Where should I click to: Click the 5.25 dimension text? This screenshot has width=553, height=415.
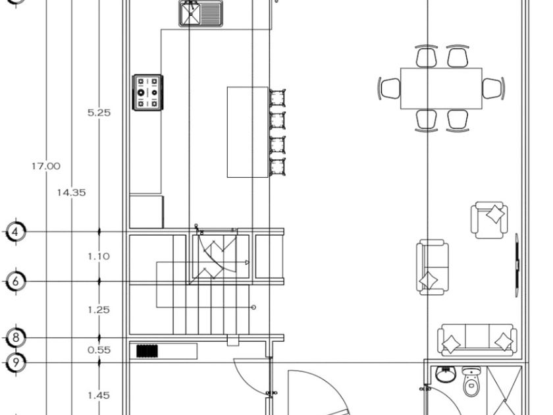(99, 113)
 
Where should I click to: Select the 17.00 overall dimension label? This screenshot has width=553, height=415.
(45, 166)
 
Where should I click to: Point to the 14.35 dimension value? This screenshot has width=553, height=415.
(70, 192)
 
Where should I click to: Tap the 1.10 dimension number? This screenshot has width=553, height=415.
(99, 256)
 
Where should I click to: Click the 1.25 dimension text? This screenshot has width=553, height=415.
(99, 310)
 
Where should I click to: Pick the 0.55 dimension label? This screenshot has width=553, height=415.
(99, 350)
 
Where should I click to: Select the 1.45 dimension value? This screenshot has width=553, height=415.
(99, 395)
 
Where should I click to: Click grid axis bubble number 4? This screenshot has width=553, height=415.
(16, 232)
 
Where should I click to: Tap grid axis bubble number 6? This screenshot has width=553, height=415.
(16, 282)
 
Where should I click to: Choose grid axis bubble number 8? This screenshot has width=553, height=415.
(16, 339)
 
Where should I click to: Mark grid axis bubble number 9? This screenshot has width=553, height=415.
(16, 362)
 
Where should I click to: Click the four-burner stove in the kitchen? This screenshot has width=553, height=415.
(147, 93)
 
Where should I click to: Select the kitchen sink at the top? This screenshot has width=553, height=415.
(201, 13)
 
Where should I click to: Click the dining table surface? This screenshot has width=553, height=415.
(440, 88)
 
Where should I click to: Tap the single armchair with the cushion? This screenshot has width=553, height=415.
(489, 220)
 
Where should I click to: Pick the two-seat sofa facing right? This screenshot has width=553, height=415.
(432, 267)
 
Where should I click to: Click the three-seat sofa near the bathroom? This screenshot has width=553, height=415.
(477, 339)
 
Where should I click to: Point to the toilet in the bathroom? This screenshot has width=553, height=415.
(471, 383)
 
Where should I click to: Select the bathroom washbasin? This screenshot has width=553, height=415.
(445, 374)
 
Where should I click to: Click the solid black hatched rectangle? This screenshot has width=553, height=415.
(147, 351)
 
